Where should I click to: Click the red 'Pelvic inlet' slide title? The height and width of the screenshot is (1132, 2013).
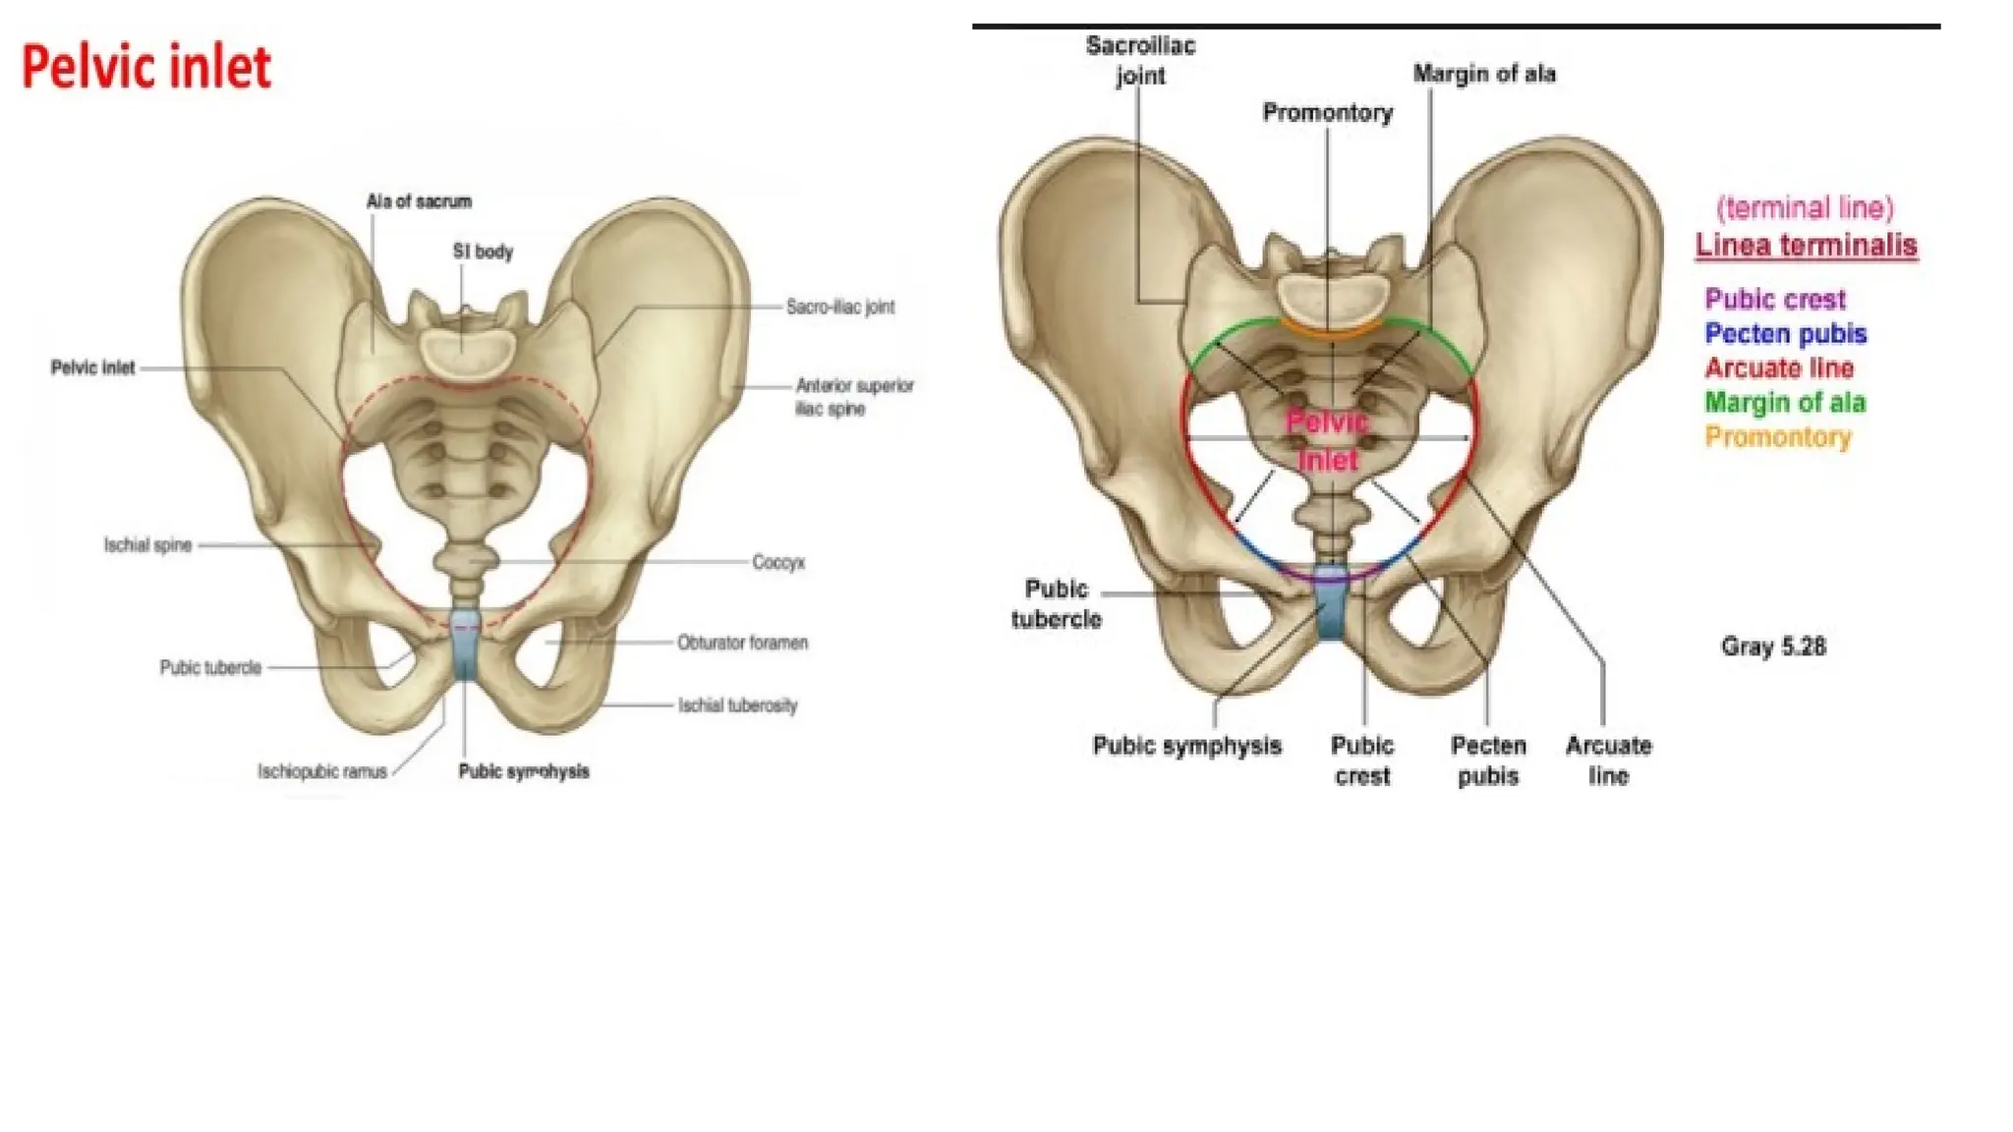pos(146,68)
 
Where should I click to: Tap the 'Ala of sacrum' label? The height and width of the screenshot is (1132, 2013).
pos(419,201)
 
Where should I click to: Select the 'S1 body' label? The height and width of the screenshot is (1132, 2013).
pos(483,252)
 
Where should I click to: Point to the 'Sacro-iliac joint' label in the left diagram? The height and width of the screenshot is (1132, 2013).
pos(840,307)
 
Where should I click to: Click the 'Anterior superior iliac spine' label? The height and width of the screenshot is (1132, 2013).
pos(854,397)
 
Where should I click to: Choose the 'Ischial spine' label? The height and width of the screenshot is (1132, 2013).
pos(147,545)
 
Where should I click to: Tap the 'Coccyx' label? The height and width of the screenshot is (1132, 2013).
pos(778,563)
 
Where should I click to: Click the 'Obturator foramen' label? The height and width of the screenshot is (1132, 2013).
pos(742,643)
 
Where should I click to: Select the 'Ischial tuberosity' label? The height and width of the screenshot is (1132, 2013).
pos(737,706)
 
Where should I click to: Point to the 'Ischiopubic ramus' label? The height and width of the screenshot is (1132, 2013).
pos(322,771)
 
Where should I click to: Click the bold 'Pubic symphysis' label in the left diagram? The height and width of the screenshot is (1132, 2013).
pos(524,771)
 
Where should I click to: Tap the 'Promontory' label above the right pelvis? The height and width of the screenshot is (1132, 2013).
pos(1328,113)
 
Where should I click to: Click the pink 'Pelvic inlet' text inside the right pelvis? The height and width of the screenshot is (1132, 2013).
pos(1328,441)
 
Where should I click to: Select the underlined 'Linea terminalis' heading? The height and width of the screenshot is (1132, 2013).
pos(1807,246)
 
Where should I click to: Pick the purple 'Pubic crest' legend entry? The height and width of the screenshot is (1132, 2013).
pos(1775,299)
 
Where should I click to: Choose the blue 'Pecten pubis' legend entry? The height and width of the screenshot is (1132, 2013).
pos(1786,334)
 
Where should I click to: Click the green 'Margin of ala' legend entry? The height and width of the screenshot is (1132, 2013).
pos(1785,403)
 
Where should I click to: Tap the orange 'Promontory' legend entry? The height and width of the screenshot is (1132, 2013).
pos(1778,437)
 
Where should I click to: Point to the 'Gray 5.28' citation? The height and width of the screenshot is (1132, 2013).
pos(1773,647)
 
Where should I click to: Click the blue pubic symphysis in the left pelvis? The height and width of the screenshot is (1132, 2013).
pos(465,643)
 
